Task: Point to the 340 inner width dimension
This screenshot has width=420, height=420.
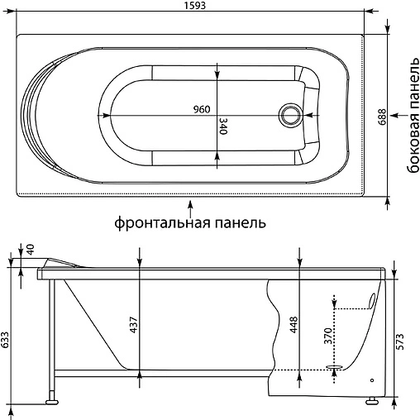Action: coord(223,126)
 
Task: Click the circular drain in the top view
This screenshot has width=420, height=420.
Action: coord(291,114)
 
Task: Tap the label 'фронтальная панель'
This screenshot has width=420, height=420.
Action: coord(190,223)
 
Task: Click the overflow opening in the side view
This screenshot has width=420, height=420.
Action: coord(372,298)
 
